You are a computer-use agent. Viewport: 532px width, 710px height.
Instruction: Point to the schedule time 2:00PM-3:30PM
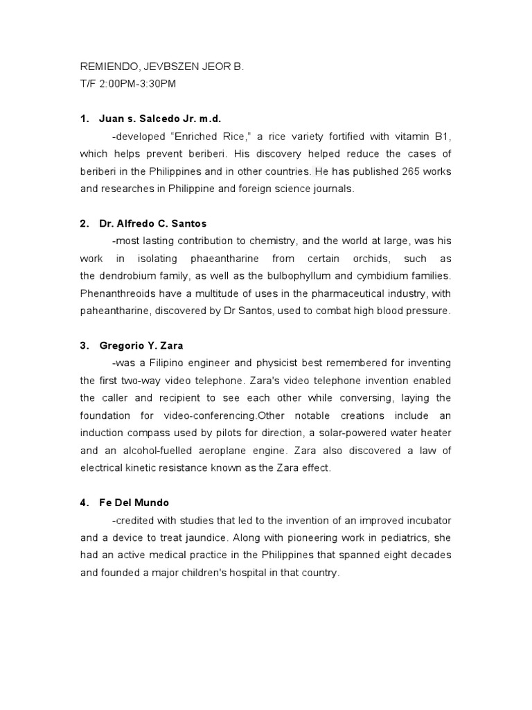(137, 84)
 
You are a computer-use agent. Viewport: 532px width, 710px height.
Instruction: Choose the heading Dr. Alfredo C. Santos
(153, 224)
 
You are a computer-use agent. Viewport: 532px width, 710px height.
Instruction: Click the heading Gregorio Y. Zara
(141, 345)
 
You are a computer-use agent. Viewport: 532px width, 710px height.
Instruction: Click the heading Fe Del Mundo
(134, 503)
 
